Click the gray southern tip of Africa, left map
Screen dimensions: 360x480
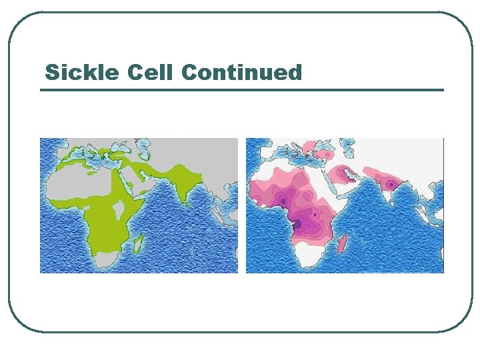coord(107,260)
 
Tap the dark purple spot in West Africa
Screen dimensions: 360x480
coord(284,200)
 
